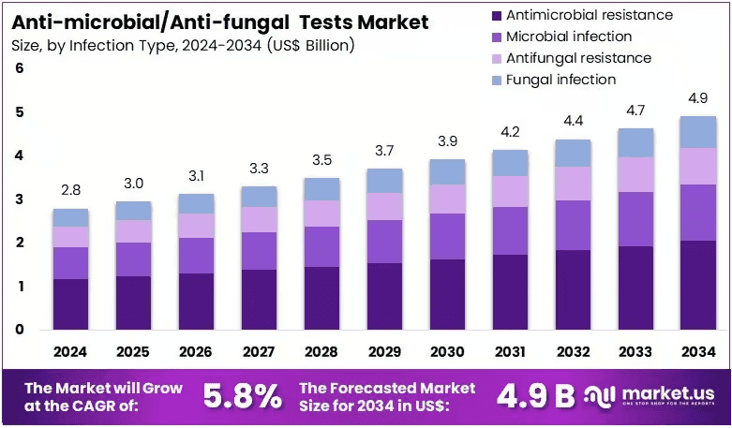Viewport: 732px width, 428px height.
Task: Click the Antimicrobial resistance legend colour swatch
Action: [x=497, y=16]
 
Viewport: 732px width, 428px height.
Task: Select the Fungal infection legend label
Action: [x=561, y=80]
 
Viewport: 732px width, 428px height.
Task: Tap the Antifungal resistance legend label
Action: [x=579, y=58]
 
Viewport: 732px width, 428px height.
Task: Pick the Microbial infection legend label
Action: [x=569, y=37]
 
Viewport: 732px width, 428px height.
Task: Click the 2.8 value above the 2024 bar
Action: [x=70, y=190]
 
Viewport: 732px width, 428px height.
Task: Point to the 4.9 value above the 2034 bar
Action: [x=698, y=98]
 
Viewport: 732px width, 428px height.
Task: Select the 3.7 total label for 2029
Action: [x=384, y=151]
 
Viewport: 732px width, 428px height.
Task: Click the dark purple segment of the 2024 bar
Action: [x=70, y=304]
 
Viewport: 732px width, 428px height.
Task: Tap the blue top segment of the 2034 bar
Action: [x=698, y=132]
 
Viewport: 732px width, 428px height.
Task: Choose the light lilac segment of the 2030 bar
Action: [x=447, y=199]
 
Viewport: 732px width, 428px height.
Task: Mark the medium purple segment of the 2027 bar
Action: [x=259, y=251]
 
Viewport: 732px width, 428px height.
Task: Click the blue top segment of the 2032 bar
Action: [x=573, y=154]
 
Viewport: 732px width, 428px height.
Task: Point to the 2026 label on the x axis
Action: [x=196, y=351]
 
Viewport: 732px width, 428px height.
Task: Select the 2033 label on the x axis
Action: [x=635, y=351]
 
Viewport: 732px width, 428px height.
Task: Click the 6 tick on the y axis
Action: [x=19, y=68]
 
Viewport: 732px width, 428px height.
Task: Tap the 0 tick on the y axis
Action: [x=19, y=329]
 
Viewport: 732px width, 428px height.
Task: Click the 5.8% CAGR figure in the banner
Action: [x=243, y=397]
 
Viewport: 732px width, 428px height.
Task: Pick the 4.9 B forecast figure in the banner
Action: [x=535, y=396]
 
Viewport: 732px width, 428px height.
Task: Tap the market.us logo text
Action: [x=668, y=393]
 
